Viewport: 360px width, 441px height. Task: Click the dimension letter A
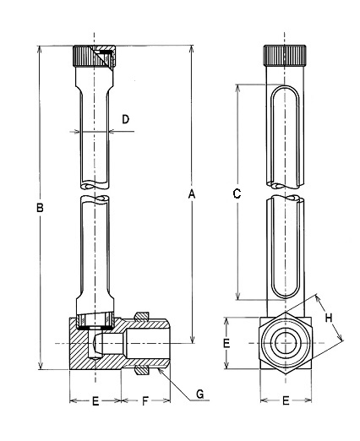[x=192, y=194]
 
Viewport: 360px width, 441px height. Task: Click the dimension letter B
[x=40, y=208]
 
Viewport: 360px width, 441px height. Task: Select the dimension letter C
[x=237, y=193]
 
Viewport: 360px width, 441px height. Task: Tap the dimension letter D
[x=125, y=119]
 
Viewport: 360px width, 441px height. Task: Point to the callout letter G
[x=200, y=394]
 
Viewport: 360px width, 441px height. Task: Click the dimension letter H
[x=329, y=318]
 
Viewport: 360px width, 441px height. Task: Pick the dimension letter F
[x=145, y=401]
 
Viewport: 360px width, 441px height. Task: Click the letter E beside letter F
[x=95, y=401]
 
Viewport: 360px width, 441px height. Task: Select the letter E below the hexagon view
[x=286, y=400]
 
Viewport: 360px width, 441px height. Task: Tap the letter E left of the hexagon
[x=226, y=343]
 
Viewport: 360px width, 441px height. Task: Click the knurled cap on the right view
[x=285, y=56]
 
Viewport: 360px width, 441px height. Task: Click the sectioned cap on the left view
[x=94, y=57]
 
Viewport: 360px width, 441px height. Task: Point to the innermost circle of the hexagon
[x=286, y=343]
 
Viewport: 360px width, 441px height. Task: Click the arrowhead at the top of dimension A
[x=192, y=48]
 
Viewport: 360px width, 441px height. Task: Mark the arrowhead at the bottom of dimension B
[x=41, y=366]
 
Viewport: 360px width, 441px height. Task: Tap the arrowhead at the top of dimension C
[x=237, y=87]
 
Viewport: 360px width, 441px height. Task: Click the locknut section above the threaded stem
[x=142, y=316]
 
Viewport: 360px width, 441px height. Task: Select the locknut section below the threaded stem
[x=142, y=371]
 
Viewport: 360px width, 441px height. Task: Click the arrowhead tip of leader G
[x=160, y=369]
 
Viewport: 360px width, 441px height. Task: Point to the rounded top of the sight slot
[x=285, y=87]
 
